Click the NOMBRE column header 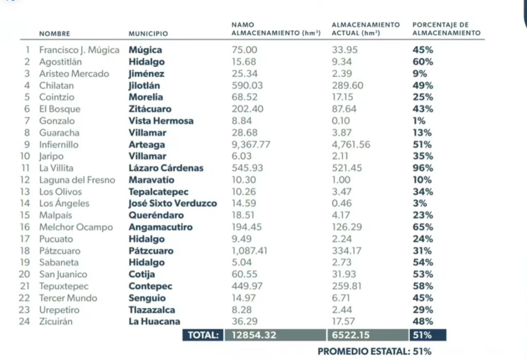pyautogui.click(x=55, y=33)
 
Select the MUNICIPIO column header pyautogui.click(x=148, y=33)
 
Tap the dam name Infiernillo pyautogui.click(x=59, y=144)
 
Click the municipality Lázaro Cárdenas pyautogui.click(x=166, y=168)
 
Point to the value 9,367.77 pyautogui.click(x=251, y=144)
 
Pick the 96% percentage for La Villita pyautogui.click(x=423, y=168)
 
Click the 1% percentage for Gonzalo pyautogui.click(x=419, y=121)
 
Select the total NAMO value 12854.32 pyautogui.click(x=254, y=335)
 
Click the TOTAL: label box pyautogui.click(x=203, y=335)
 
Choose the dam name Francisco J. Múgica pyautogui.click(x=79, y=50)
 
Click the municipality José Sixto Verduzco pyautogui.click(x=172, y=203)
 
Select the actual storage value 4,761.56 pyautogui.click(x=351, y=144)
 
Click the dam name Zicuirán pyautogui.click(x=56, y=321)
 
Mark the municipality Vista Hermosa pyautogui.click(x=161, y=121)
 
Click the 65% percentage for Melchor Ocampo pyautogui.click(x=423, y=227)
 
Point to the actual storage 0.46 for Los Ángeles pyautogui.click(x=341, y=203)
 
